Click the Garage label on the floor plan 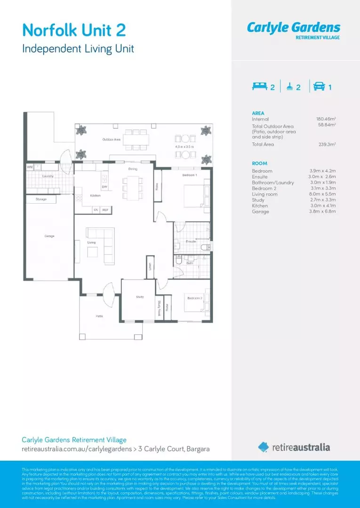(49, 236)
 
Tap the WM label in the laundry (29, 167)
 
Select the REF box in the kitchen (105, 210)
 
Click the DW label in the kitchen (104, 187)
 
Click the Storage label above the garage (41, 199)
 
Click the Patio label (99, 316)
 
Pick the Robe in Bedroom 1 (157, 186)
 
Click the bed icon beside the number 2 (260, 87)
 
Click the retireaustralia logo (294, 447)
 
